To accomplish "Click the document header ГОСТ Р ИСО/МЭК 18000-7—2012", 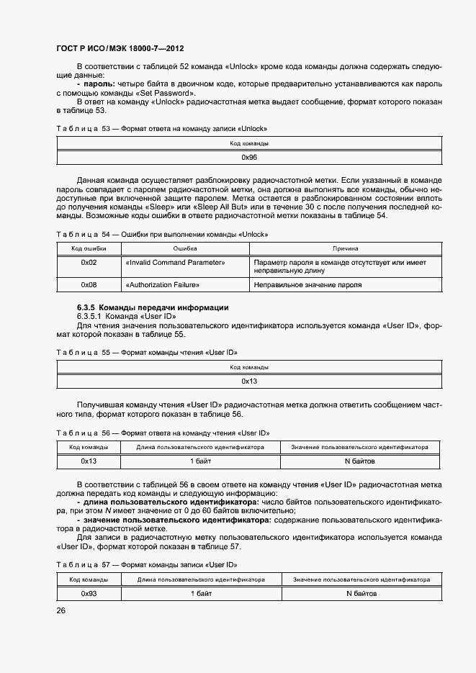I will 120,49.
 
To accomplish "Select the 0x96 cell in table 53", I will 249,156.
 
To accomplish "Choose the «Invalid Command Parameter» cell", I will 175,263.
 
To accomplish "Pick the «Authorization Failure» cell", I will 169,285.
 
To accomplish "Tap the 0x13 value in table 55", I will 249,381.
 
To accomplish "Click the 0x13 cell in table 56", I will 89,461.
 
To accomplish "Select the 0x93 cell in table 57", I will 89,594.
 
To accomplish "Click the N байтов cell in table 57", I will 361,594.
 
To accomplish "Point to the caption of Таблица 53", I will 161,129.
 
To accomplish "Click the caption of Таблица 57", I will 147,565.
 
